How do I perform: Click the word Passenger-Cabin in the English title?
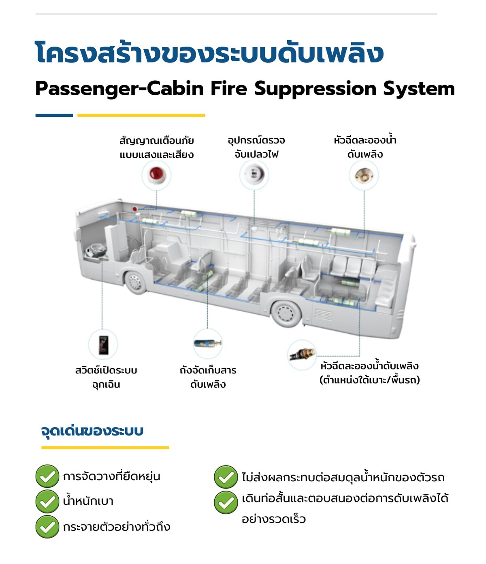119,89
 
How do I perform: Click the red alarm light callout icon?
156,175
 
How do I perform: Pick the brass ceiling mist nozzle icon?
364,175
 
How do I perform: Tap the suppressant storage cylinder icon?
207,343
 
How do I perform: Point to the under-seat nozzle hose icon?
302,354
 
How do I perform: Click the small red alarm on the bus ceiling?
134,209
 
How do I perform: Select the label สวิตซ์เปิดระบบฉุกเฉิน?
106,377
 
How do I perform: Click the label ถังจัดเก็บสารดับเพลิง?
208,377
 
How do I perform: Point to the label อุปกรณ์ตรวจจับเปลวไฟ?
256,147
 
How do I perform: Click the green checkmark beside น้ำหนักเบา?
47,501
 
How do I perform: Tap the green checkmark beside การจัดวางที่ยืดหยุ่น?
47,476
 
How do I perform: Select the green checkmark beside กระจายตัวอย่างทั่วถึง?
47,527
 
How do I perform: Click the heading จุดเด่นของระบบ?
92,431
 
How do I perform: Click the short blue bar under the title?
54,116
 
